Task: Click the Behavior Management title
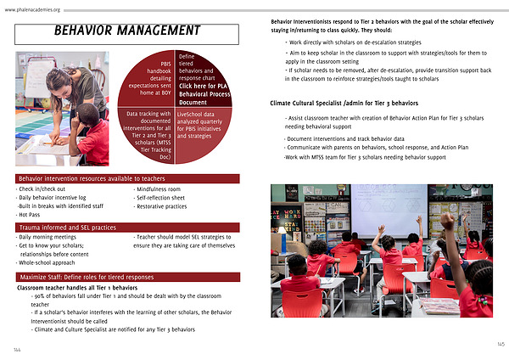pos(126,31)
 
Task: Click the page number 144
pos(16,349)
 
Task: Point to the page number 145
pos(501,343)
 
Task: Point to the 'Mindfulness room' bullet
pos(164,189)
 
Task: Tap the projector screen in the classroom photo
pos(388,209)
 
